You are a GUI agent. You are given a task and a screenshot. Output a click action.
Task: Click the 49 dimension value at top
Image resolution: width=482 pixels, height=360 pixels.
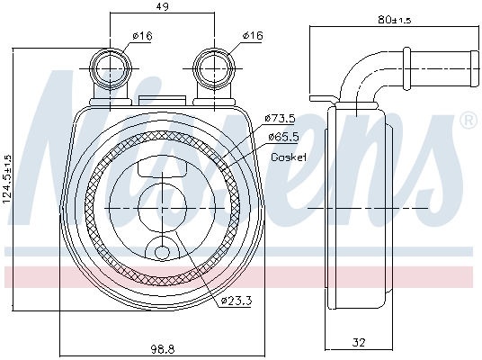click(x=162, y=8)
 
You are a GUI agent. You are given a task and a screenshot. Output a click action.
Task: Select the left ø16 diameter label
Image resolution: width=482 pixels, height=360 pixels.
click(x=140, y=37)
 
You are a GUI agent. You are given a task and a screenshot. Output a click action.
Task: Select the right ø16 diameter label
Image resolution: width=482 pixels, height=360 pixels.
click(x=252, y=37)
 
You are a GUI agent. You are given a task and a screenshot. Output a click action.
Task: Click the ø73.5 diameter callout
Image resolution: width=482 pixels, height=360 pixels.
click(x=281, y=119)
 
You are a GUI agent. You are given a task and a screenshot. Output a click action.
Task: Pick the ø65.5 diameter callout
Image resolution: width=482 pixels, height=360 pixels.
click(x=284, y=136)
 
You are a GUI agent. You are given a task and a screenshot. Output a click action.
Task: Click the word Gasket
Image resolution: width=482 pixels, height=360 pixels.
click(x=289, y=157)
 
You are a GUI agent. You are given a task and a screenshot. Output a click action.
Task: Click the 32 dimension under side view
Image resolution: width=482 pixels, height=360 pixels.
click(x=358, y=343)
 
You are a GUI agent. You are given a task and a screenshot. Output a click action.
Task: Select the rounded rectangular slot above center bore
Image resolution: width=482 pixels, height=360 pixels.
click(x=162, y=166)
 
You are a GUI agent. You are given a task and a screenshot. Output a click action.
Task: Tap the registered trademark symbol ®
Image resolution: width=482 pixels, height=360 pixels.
click(x=468, y=120)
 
